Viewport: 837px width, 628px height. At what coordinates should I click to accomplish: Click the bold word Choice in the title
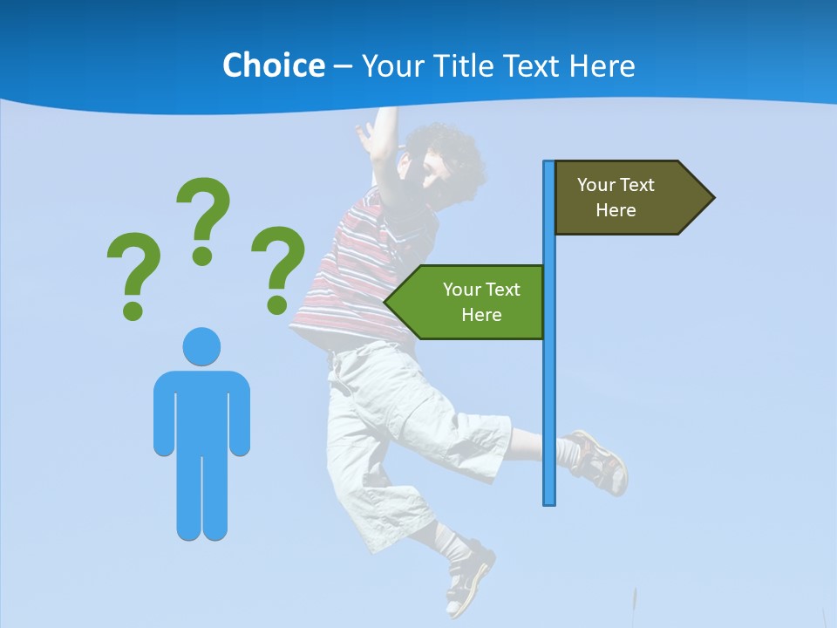(x=273, y=65)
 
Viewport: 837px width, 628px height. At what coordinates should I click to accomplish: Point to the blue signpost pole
(x=549, y=392)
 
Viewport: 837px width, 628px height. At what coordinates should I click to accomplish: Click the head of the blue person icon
(x=201, y=346)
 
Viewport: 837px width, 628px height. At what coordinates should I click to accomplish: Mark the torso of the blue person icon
(x=201, y=410)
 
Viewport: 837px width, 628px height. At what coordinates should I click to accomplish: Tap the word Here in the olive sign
(x=616, y=210)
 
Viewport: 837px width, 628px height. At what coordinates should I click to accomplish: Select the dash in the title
(x=343, y=67)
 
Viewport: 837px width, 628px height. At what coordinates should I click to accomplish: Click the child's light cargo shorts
(x=392, y=419)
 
